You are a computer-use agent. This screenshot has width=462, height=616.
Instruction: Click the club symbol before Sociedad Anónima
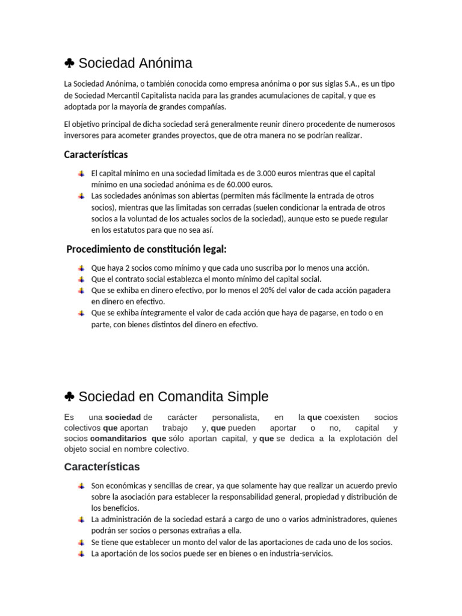click(x=69, y=63)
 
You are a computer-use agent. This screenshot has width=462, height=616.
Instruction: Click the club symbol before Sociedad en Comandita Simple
click(x=69, y=397)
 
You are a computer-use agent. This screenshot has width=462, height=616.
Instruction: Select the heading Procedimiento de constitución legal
click(x=146, y=249)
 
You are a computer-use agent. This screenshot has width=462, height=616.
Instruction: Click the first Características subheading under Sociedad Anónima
click(x=96, y=155)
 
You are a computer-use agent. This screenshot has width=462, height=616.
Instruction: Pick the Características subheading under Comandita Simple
click(x=102, y=467)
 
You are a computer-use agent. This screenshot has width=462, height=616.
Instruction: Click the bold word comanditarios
click(x=117, y=439)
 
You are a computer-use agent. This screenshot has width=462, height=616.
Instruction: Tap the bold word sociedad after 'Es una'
click(x=123, y=417)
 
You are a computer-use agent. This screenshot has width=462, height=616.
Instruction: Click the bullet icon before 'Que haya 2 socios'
click(x=81, y=268)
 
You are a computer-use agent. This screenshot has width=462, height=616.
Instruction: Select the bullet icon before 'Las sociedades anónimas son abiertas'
click(x=81, y=196)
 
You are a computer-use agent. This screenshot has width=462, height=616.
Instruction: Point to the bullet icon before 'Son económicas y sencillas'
click(x=81, y=485)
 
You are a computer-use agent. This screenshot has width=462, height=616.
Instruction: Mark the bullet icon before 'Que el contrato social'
click(x=81, y=279)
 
